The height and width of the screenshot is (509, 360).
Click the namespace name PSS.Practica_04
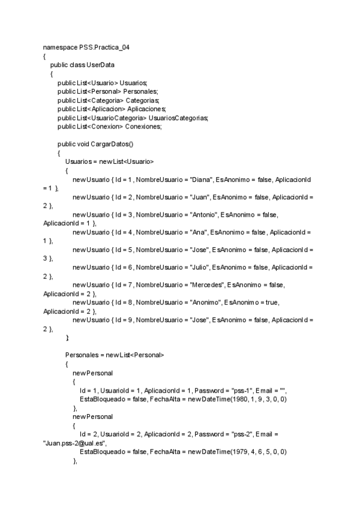point(104,47)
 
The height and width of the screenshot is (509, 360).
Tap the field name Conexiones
point(143,126)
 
